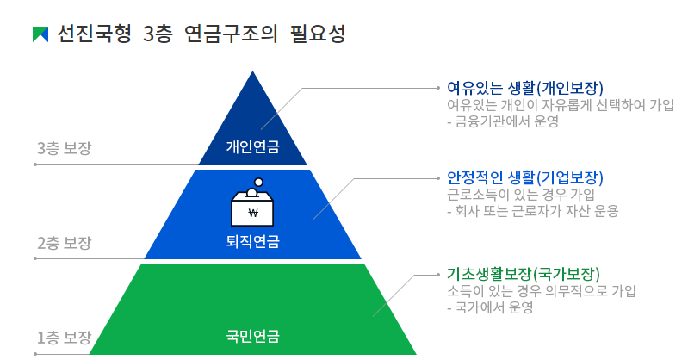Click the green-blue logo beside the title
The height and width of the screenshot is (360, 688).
click(x=40, y=34)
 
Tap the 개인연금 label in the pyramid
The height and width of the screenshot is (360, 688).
click(x=252, y=146)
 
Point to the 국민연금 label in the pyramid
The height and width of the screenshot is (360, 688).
click(x=252, y=336)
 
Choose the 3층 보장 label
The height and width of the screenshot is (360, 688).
click(x=64, y=147)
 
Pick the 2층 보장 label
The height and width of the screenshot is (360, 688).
click(x=64, y=243)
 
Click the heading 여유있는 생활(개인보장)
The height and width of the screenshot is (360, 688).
click(x=525, y=88)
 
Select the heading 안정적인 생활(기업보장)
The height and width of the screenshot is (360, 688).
click(x=525, y=177)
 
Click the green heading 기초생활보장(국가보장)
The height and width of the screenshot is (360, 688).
click(x=524, y=274)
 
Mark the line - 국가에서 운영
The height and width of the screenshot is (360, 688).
click(x=490, y=307)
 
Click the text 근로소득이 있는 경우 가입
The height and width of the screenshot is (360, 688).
click(x=520, y=195)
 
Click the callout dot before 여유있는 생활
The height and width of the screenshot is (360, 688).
click(x=438, y=88)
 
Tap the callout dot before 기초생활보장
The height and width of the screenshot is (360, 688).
click(x=438, y=275)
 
